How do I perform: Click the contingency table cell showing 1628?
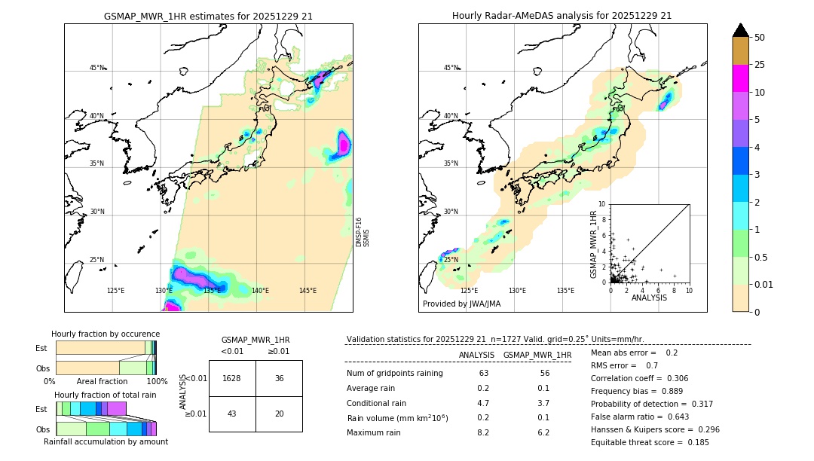point(231,378)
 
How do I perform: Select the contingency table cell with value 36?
point(279,378)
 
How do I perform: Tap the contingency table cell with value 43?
point(231,414)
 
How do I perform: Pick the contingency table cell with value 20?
point(279,414)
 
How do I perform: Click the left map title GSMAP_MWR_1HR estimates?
point(208,16)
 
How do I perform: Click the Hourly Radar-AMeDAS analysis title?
point(562,16)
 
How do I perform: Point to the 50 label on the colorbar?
point(760,38)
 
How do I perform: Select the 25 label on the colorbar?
point(760,65)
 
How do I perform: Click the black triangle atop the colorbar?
point(741,30)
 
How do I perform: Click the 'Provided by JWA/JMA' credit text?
point(461,304)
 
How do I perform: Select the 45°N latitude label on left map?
point(97,68)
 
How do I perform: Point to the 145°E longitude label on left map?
point(308,291)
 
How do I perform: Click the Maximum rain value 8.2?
point(483,433)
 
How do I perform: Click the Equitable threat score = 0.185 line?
point(650,442)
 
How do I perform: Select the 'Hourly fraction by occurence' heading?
point(106,334)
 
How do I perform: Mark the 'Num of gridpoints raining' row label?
point(395,374)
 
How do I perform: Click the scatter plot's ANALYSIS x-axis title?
point(649,298)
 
